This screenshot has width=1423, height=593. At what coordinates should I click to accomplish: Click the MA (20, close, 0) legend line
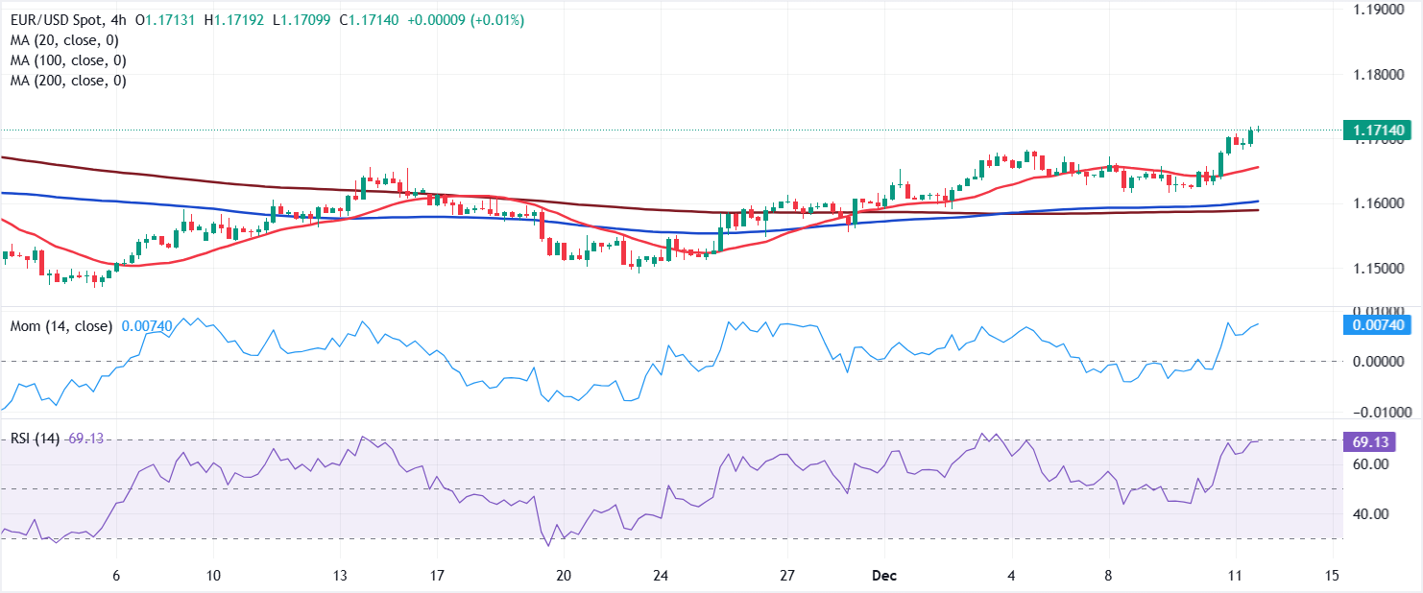[64, 40]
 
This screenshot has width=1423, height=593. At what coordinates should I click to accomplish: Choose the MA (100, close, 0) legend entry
[68, 60]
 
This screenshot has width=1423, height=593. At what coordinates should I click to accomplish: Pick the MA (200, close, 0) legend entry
[68, 81]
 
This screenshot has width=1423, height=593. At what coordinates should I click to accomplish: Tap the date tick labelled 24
[659, 576]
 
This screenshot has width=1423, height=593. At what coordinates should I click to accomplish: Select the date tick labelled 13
[339, 576]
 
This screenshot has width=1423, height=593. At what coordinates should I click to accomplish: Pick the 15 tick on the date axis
[1331, 576]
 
